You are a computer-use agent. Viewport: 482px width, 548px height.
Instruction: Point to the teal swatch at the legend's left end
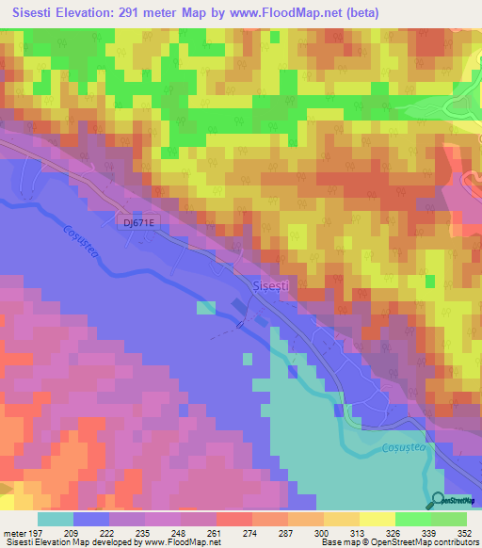point(55,519)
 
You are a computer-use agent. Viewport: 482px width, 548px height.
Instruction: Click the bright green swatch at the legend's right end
point(448,519)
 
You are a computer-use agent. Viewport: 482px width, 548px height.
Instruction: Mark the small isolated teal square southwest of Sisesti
point(204,307)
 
